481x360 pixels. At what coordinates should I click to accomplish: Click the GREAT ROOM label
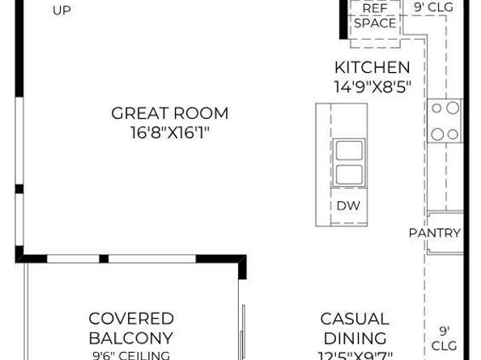(170, 113)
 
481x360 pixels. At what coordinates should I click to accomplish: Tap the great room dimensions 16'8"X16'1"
(170, 132)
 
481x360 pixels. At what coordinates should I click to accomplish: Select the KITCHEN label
(372, 68)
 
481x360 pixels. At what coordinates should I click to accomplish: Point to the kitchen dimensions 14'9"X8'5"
(372, 86)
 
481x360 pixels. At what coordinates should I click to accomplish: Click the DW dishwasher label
(348, 205)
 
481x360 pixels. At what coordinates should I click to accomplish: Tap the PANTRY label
(435, 233)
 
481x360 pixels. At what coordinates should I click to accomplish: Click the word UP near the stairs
(62, 11)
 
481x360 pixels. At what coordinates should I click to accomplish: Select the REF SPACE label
(375, 15)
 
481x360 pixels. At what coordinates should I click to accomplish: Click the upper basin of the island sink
(348, 150)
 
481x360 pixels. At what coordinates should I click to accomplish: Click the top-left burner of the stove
(436, 108)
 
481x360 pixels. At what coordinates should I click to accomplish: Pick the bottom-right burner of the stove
(453, 133)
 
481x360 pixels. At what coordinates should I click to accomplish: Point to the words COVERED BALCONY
(131, 328)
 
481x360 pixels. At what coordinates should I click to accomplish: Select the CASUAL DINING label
(355, 328)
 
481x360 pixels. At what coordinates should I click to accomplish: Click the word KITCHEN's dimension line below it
(372, 86)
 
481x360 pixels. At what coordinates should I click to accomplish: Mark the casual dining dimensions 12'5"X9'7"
(355, 355)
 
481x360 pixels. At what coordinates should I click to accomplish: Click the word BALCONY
(131, 337)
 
